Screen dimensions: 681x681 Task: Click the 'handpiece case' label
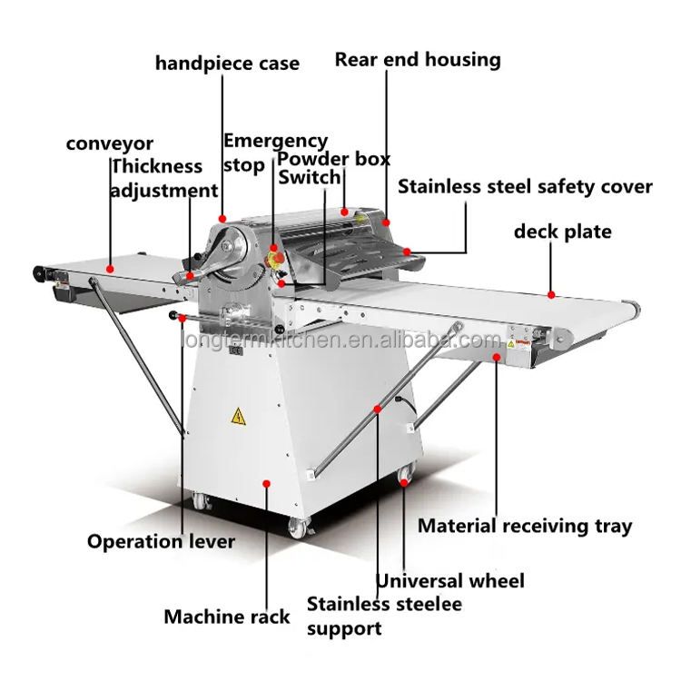point(227,64)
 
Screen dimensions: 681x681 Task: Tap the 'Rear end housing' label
point(418,60)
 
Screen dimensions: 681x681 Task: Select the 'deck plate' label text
point(562,232)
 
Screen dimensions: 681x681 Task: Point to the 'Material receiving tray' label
point(525,526)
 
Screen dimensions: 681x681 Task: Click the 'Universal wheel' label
point(450,581)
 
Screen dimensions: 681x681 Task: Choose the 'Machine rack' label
point(227,617)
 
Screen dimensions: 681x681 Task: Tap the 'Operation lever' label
point(161,541)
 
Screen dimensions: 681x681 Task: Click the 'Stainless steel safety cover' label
point(525,187)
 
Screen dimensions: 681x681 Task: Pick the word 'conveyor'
point(110,143)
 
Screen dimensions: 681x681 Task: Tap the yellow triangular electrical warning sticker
point(238,416)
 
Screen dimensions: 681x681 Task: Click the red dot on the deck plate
point(551,295)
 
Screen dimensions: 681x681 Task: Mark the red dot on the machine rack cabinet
point(267,484)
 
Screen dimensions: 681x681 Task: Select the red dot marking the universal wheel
point(404,482)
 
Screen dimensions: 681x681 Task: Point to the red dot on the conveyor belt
point(110,270)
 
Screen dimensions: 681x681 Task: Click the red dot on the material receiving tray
point(497,357)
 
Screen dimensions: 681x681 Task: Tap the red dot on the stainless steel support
point(378,409)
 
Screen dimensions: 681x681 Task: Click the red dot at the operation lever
point(182,319)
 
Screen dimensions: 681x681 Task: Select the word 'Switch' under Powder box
point(310,177)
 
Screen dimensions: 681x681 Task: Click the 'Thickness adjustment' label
point(164,179)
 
